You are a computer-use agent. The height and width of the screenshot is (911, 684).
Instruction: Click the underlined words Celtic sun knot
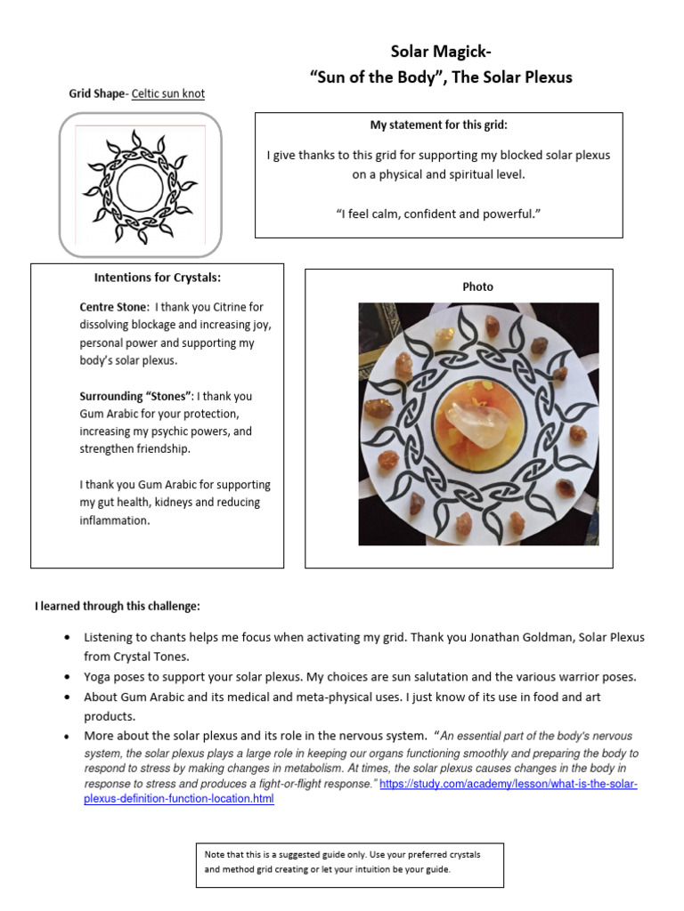[x=168, y=93]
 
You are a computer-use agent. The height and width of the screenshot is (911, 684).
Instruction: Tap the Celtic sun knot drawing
[x=140, y=186]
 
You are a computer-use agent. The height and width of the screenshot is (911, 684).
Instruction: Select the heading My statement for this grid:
[x=439, y=125]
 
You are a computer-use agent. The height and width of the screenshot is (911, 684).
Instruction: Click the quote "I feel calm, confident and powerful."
[x=439, y=214]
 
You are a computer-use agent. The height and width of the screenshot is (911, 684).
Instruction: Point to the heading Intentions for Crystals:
[x=158, y=278]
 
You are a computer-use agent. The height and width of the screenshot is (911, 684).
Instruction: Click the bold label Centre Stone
[x=113, y=307]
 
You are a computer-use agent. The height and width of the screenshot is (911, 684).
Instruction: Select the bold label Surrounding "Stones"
[x=135, y=396]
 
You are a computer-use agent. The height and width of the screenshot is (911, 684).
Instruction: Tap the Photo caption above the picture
[x=477, y=286]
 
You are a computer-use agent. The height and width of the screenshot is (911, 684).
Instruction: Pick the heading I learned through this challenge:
[x=118, y=606]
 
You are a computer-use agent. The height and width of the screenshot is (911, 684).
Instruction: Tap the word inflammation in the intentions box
[x=115, y=520]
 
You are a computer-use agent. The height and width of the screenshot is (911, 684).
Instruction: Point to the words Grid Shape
[x=98, y=93]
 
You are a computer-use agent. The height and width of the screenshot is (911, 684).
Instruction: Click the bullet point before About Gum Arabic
[x=69, y=697]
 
